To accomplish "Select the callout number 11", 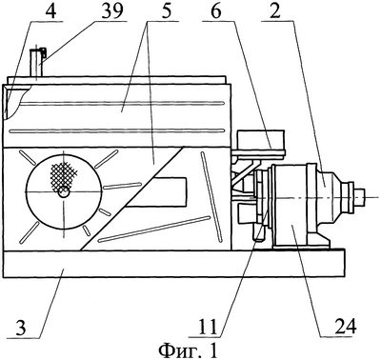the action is point(208,326).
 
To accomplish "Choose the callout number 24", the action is point(346,326).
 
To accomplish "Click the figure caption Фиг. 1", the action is point(189,350).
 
